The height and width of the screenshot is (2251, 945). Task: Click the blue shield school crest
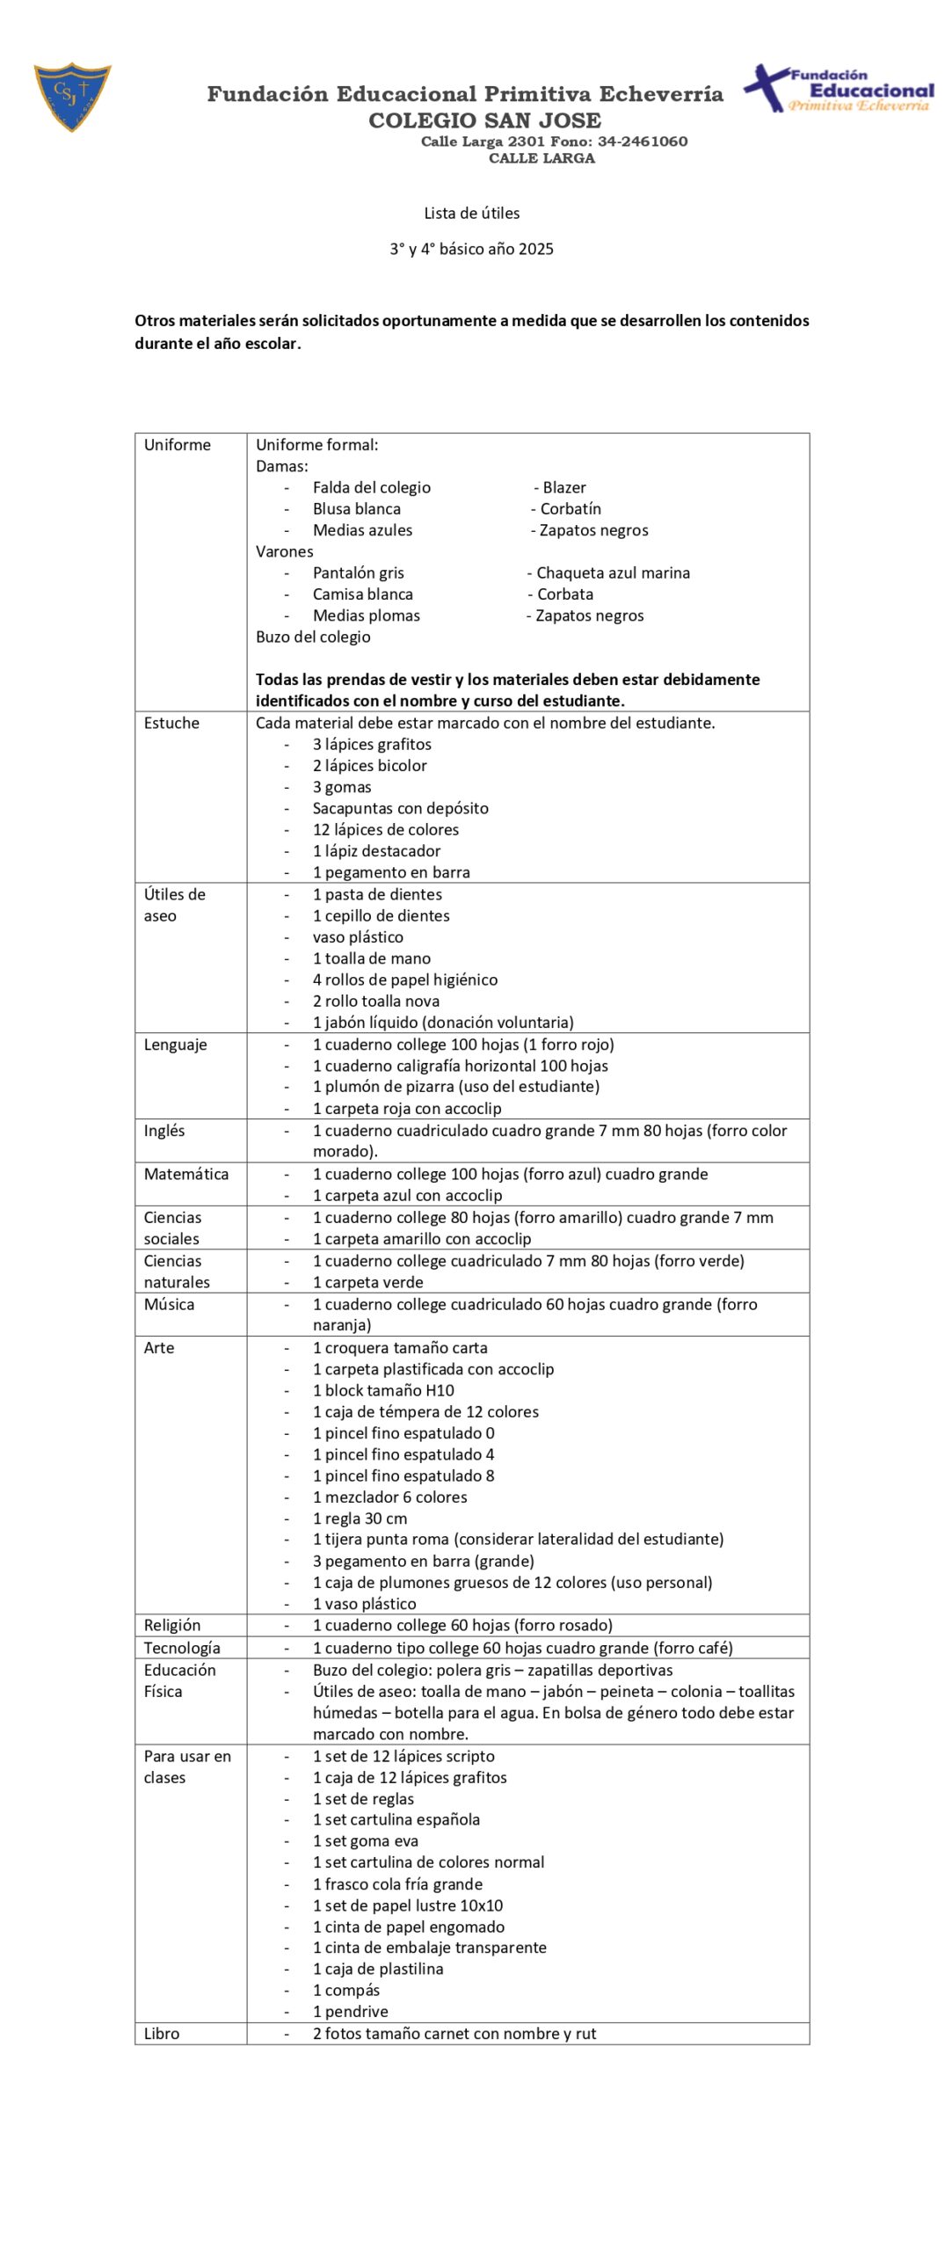(x=72, y=96)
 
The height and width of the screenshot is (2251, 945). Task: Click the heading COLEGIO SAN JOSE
(x=484, y=120)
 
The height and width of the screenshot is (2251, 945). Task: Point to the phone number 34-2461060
(x=643, y=142)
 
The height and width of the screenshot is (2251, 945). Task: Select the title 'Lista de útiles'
(x=471, y=213)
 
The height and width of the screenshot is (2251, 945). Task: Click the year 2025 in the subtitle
(x=535, y=249)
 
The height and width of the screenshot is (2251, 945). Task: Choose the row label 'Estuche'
(x=171, y=723)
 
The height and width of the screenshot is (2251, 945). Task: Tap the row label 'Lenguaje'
(x=175, y=1045)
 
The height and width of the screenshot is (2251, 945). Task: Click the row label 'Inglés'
(x=164, y=1130)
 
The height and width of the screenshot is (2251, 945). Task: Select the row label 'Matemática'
(x=185, y=1174)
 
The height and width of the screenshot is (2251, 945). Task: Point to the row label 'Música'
(x=169, y=1304)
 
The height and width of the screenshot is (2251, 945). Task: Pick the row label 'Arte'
(x=159, y=1347)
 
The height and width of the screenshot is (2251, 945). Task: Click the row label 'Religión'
(x=172, y=1625)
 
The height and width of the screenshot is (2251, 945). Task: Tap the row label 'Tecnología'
(x=182, y=1648)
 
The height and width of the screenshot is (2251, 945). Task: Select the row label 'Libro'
(x=162, y=2033)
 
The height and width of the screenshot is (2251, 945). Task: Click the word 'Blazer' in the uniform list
(x=563, y=487)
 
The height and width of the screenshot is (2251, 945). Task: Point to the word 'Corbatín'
(x=570, y=508)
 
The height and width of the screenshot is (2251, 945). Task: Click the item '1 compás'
(x=346, y=1990)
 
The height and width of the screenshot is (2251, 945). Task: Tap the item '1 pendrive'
(x=350, y=2011)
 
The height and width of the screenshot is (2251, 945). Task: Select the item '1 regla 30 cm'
(x=360, y=1519)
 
